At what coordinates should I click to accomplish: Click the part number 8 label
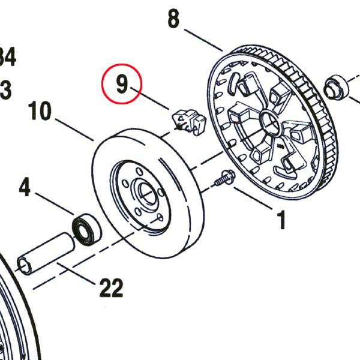tap(173, 19)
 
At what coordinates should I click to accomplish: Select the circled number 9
tap(122, 85)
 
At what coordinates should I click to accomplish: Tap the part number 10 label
tap(40, 112)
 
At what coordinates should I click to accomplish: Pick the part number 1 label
tap(281, 220)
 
